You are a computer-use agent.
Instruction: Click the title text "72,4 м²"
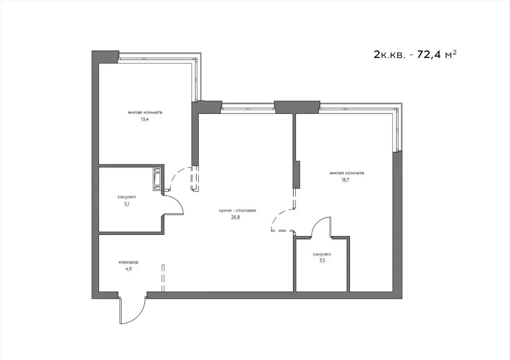click(x=437, y=55)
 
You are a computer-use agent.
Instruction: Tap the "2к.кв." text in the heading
click(x=390, y=55)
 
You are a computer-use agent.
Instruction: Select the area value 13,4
click(x=145, y=120)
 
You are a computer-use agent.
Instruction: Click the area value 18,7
click(x=346, y=181)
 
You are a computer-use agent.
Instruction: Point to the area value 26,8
click(x=237, y=218)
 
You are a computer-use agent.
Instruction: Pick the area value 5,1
click(x=127, y=205)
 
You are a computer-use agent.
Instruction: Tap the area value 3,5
click(x=321, y=262)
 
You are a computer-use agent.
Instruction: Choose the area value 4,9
click(x=128, y=269)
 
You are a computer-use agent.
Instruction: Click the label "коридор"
click(x=128, y=262)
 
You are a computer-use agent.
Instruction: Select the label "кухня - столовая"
click(x=237, y=211)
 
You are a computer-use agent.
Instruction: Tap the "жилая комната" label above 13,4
click(x=145, y=113)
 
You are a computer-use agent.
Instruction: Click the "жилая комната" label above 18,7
click(x=346, y=174)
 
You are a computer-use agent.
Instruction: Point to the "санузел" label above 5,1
click(x=127, y=197)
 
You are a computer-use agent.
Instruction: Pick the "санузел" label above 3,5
click(x=321, y=254)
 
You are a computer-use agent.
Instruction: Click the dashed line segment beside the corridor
click(x=162, y=278)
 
